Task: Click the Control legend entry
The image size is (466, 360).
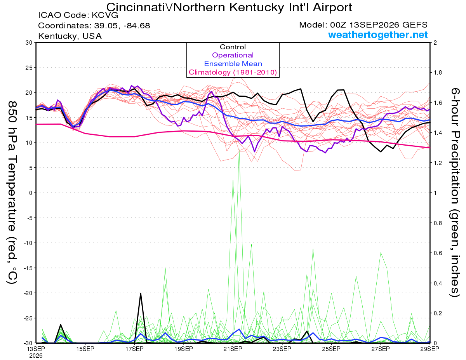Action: click(233, 47)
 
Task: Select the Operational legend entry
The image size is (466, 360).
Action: click(233, 55)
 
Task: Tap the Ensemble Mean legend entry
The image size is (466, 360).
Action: click(233, 64)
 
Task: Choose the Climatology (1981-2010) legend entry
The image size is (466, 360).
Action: click(233, 72)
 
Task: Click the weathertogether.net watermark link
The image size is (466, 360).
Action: click(377, 35)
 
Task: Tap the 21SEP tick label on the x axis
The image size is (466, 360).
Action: click(233, 349)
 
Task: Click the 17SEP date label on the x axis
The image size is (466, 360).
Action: click(134, 349)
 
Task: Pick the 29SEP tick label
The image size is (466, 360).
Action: click(429, 349)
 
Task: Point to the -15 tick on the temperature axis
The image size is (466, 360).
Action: click(28, 268)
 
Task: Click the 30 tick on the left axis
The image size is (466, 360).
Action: click(29, 43)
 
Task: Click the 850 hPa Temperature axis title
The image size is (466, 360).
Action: click(12, 193)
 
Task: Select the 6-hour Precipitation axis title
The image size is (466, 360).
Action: click(455, 192)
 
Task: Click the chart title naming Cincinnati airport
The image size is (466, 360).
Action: click(229, 7)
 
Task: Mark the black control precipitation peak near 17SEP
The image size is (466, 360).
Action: click(141, 293)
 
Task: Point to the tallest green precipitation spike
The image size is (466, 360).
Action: click(239, 150)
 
